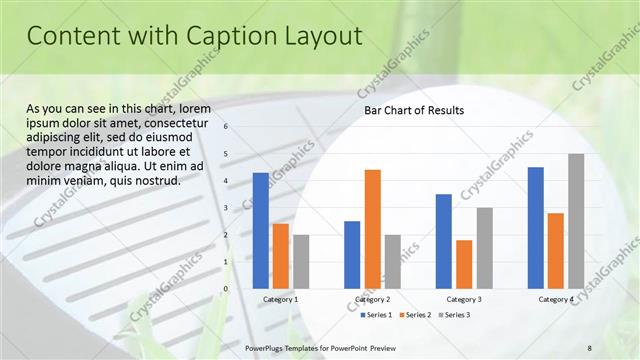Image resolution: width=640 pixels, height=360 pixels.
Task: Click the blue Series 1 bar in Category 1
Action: pos(260,230)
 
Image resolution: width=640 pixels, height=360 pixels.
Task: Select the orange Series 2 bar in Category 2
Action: pos(372,228)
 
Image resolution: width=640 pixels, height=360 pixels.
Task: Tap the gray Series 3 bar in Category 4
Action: pos(576,221)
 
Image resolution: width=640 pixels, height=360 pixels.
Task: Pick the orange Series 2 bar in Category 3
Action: pos(464,264)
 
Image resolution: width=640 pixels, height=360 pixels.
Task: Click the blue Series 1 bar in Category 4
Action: pos(535,227)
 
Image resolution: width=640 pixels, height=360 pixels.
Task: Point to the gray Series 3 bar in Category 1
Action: pos(301,261)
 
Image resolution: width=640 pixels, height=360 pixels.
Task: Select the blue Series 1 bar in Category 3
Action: pos(444,241)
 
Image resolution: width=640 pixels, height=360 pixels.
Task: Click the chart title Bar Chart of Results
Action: pos(413,110)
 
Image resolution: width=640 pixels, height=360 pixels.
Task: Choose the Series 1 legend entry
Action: pos(376,315)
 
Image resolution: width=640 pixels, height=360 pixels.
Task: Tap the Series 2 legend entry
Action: pos(416,315)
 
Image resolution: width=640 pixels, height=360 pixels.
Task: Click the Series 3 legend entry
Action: pos(455,315)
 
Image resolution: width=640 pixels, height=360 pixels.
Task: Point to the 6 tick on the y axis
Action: pos(227,127)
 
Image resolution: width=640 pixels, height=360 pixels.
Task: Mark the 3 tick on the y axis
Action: pos(227,208)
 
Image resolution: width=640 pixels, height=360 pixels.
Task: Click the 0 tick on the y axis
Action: pos(227,289)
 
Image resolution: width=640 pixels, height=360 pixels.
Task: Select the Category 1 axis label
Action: pos(280,299)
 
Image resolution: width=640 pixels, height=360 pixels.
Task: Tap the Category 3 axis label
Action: pos(463,299)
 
